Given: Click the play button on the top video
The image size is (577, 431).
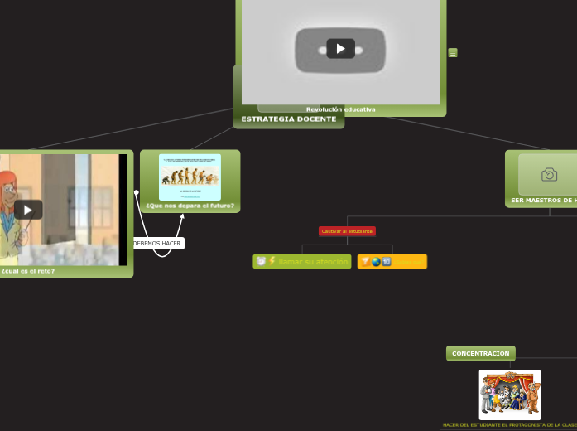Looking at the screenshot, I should (340, 49).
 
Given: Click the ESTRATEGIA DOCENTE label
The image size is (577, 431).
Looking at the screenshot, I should (289, 119).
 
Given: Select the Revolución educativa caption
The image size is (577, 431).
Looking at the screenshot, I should (340, 109).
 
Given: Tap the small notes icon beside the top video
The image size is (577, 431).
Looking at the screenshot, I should (453, 53).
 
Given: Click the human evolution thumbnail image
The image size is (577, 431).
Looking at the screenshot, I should (190, 176).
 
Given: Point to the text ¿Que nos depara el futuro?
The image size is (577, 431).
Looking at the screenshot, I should (190, 206).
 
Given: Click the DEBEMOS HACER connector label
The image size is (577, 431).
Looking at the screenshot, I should (157, 244).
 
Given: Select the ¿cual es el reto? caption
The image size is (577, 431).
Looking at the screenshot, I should (29, 271).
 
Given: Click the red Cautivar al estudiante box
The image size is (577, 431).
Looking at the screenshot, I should (347, 231).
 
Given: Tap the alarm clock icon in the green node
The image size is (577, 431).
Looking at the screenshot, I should (261, 262).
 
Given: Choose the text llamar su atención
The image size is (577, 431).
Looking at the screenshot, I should (313, 262).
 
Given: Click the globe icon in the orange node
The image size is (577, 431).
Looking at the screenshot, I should (376, 262).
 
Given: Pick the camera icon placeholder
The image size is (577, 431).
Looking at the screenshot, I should (549, 175).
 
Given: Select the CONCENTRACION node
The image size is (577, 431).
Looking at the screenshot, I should (481, 354).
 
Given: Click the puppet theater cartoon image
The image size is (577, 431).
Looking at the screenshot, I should (510, 395).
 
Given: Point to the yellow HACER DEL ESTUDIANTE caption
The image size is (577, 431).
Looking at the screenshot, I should (509, 425).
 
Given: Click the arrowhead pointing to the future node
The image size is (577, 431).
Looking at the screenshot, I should (182, 217).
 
